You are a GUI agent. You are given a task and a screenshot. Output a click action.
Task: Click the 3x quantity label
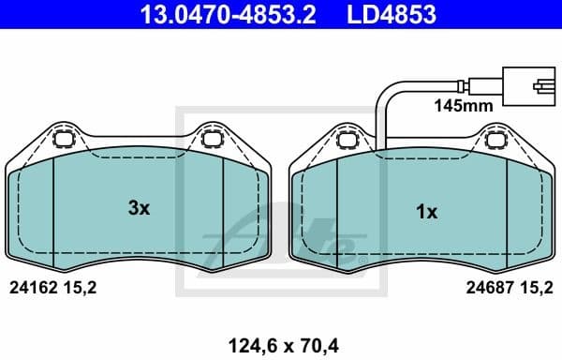(139, 209)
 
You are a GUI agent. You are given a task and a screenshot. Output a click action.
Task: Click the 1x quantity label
(426, 212)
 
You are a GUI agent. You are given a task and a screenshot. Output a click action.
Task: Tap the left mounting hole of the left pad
(66, 142)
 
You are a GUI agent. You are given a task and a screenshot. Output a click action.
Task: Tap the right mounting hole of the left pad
(212, 142)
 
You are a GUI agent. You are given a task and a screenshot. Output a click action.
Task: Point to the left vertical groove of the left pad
(54, 206)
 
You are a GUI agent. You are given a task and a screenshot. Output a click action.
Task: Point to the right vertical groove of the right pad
(506, 206)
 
